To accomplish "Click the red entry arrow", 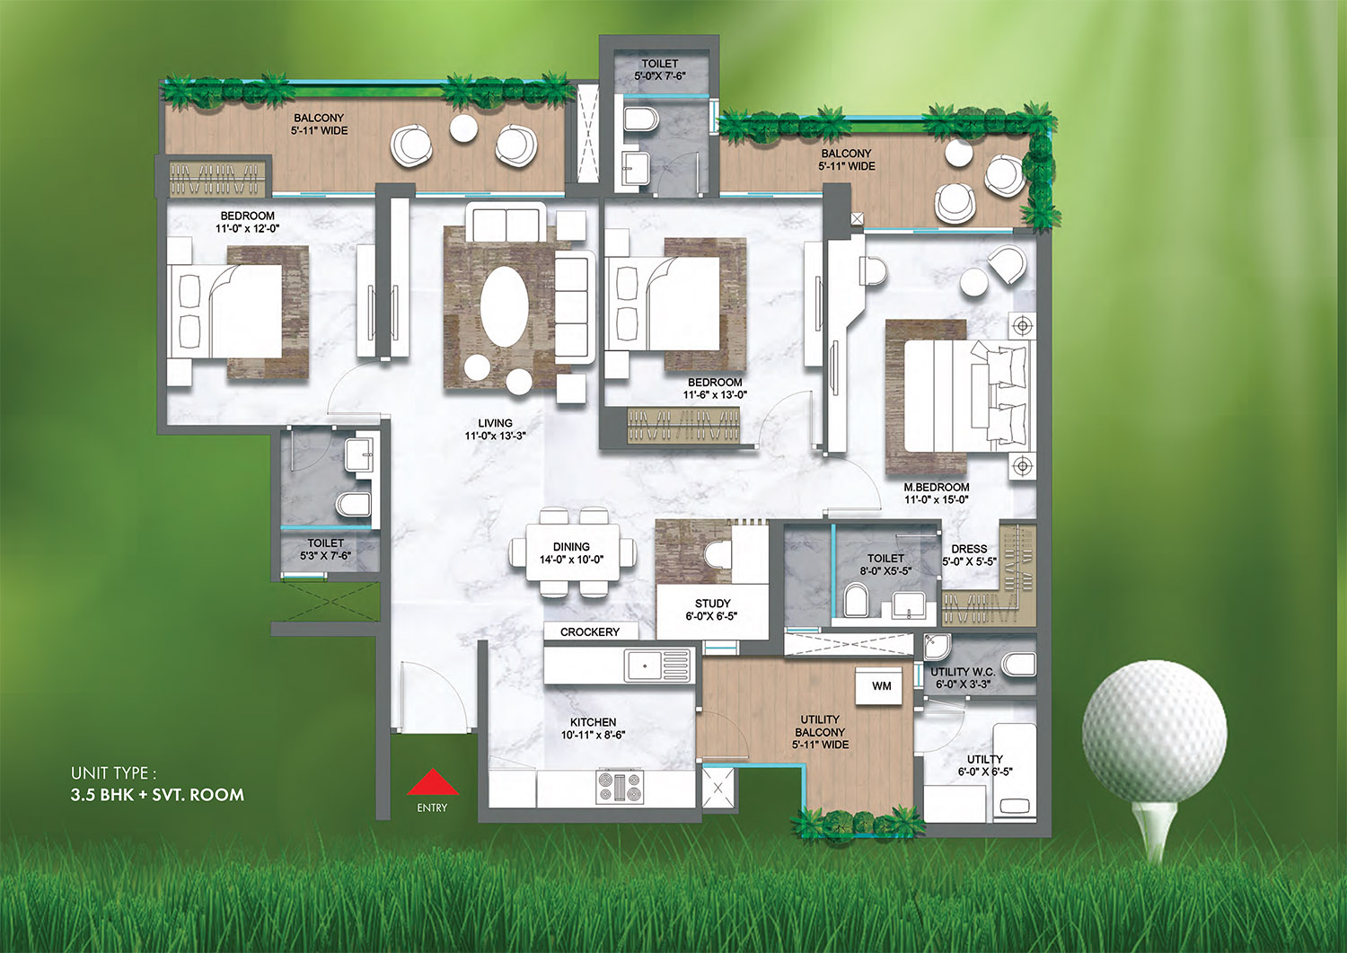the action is click(x=432, y=782).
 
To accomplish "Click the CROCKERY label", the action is click(x=590, y=631).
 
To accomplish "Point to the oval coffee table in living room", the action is click(x=505, y=307).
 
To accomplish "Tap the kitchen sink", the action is click(x=657, y=666).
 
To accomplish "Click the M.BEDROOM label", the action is click(x=937, y=487).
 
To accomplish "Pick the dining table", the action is click(x=573, y=553).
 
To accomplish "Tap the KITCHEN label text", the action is click(x=593, y=722).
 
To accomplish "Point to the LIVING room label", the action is click(x=496, y=423).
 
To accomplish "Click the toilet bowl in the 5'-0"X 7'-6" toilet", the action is click(x=641, y=119).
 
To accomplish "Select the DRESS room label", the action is click(x=969, y=549).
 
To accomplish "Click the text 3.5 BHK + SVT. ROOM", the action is click(x=157, y=795).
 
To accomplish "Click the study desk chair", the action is click(x=717, y=554).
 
